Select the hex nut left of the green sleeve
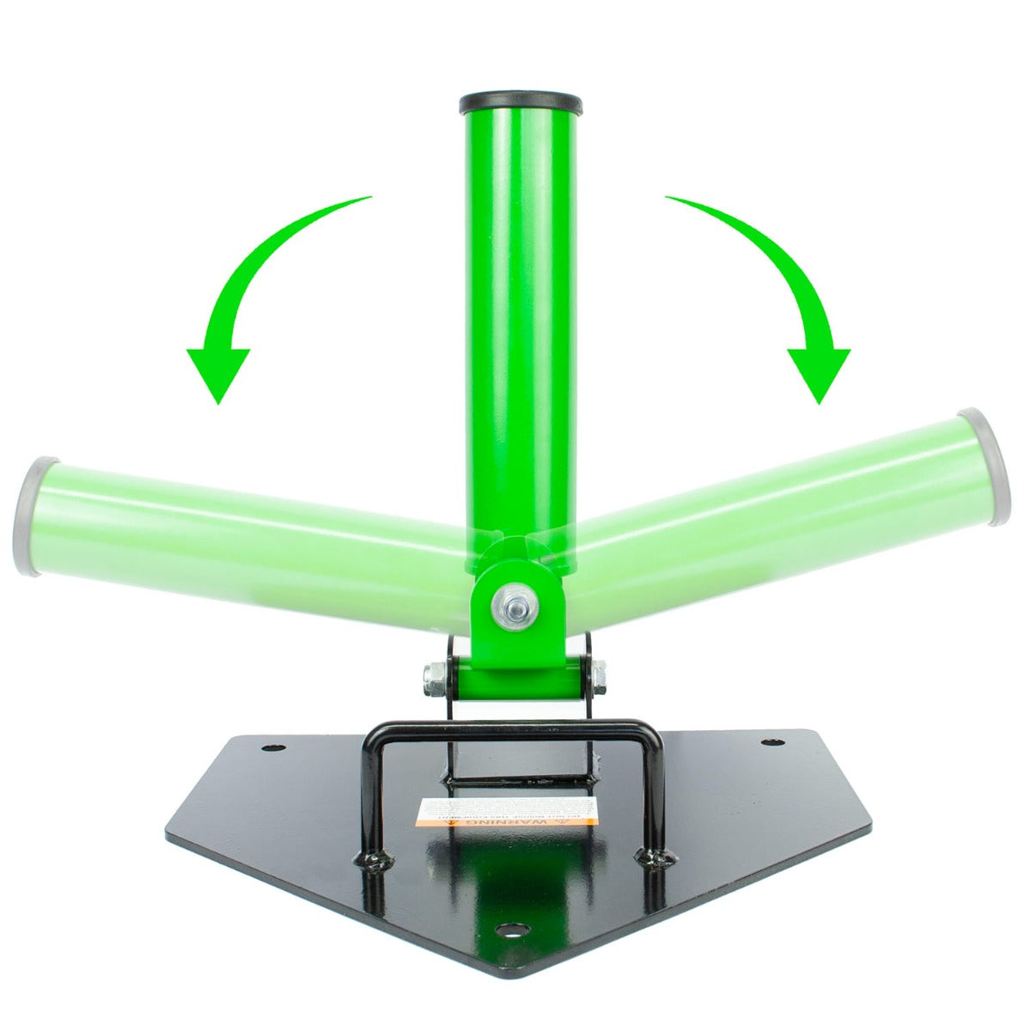coord(435,678)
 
